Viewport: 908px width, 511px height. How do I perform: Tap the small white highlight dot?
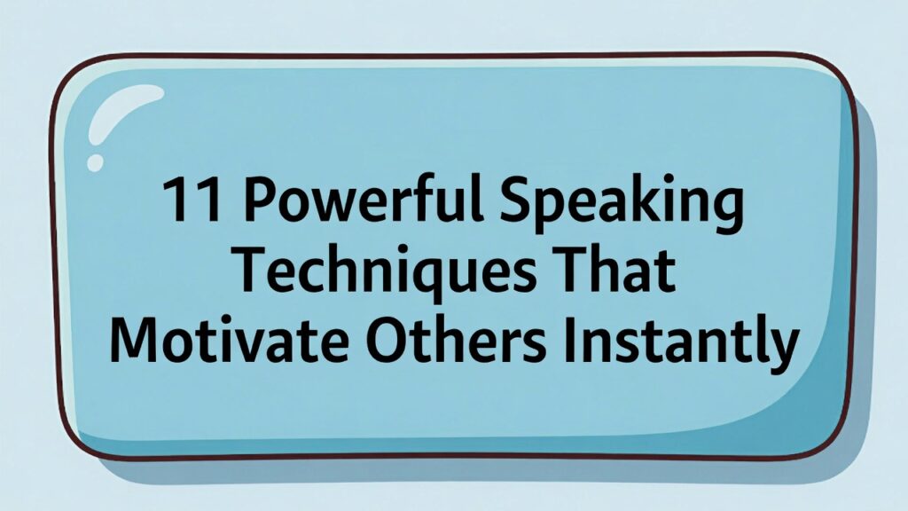click(95, 163)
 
